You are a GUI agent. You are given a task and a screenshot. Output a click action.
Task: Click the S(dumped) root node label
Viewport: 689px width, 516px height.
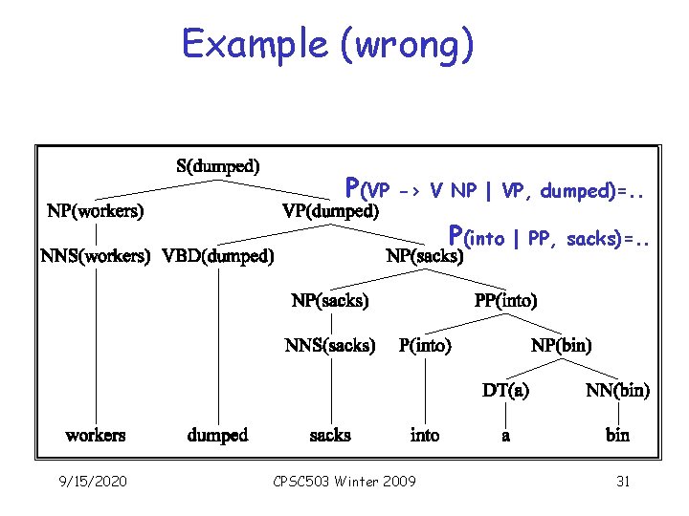click(218, 165)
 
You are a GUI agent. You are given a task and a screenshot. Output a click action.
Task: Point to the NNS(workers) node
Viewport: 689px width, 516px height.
click(96, 255)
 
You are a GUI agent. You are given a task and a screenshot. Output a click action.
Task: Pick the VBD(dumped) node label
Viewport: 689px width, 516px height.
click(219, 255)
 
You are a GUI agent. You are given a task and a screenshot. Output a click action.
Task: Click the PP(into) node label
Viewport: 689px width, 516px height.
click(506, 300)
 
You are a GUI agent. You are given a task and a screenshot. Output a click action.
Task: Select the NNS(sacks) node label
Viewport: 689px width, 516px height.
click(330, 345)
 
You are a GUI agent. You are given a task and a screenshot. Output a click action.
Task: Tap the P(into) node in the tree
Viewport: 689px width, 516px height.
click(425, 345)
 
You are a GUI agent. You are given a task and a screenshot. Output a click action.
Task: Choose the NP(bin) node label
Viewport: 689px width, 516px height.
click(562, 345)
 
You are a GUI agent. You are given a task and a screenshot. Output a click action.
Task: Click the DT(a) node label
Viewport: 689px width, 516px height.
click(505, 390)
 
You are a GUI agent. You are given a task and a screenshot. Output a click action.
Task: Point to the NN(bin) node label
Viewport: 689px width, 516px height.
click(617, 390)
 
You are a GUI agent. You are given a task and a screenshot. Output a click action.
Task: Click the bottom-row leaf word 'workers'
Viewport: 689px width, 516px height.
click(96, 436)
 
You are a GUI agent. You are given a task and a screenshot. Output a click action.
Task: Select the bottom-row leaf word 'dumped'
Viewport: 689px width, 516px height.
click(218, 436)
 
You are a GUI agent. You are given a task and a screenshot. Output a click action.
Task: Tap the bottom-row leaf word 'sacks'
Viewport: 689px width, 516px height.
click(330, 436)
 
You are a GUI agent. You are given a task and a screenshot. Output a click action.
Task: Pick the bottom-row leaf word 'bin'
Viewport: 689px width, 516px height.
click(617, 436)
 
